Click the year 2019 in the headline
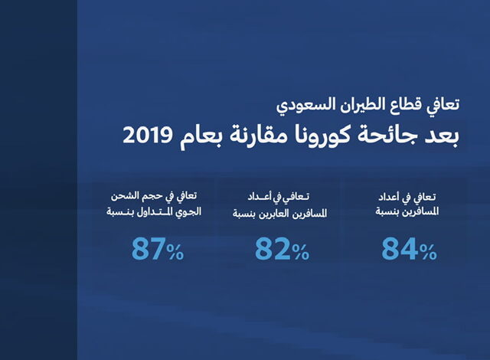[x=148, y=136]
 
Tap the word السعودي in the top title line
[x=299, y=104]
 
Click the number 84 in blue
[x=400, y=249]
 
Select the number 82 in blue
[x=273, y=249]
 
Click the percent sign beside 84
[x=428, y=252]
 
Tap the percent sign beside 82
[x=301, y=252]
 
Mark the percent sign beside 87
[x=175, y=252]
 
